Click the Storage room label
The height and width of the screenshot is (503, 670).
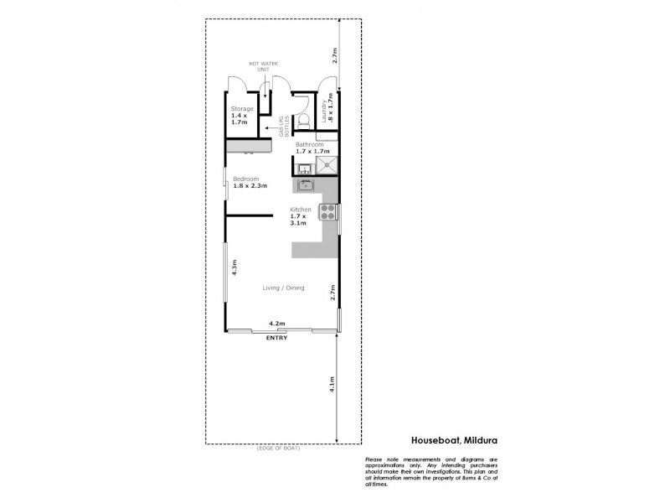point(242,108)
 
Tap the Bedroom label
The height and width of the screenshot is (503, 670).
point(245,179)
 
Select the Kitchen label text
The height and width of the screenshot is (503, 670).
point(301,209)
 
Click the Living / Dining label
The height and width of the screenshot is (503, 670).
point(283,288)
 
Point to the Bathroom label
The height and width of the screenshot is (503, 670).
point(309,144)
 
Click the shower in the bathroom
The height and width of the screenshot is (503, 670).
point(327,165)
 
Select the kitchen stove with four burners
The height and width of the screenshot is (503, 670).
point(327,217)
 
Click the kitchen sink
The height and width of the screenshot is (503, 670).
point(304,184)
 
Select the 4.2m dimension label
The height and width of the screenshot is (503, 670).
point(276,324)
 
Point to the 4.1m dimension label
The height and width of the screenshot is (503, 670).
point(332,385)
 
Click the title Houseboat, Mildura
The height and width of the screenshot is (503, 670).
point(455,438)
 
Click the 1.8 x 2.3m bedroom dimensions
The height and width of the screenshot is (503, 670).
point(250,185)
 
